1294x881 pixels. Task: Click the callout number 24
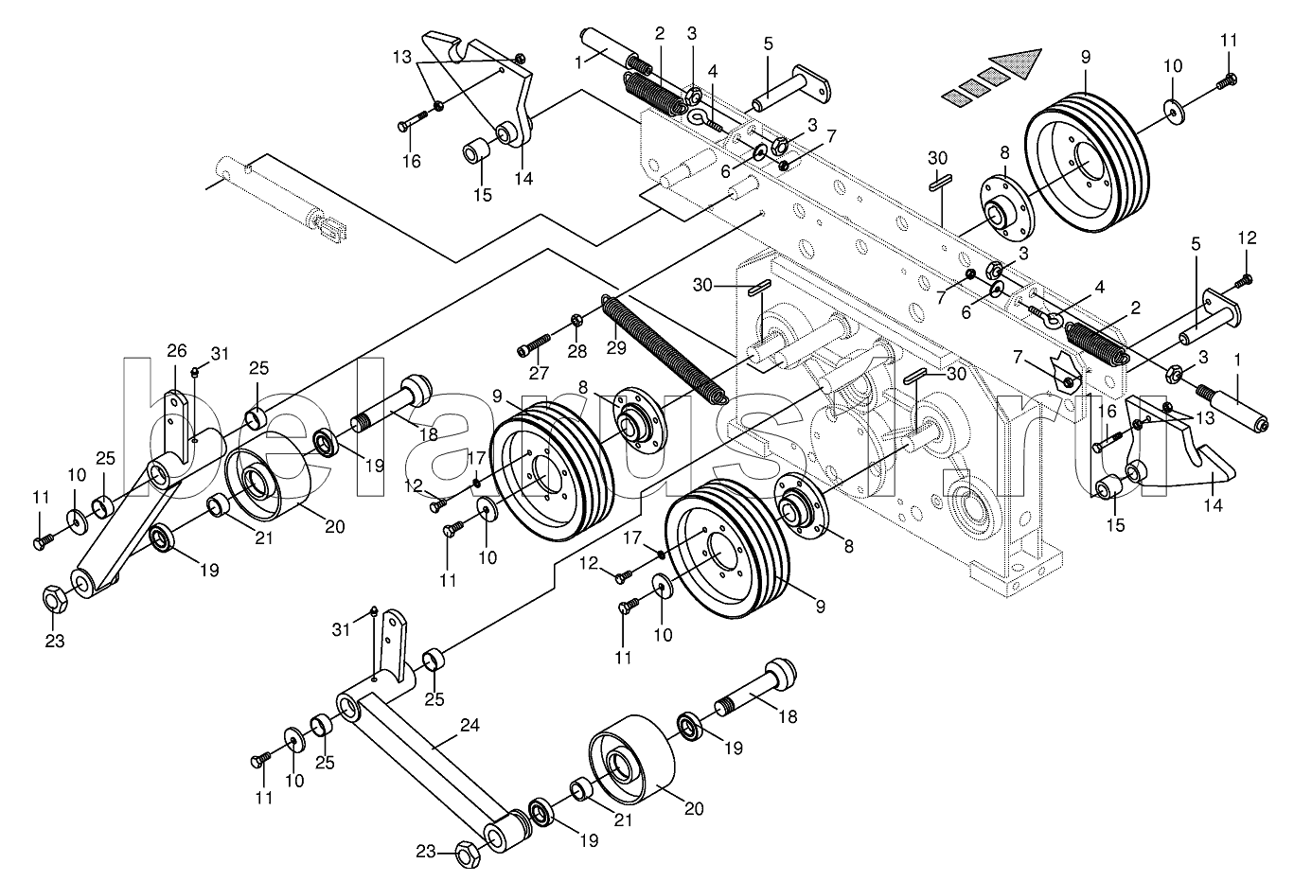[470, 725]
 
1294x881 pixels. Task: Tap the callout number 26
[177, 350]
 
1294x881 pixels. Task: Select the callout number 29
[616, 348]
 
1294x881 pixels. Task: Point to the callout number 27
[539, 374]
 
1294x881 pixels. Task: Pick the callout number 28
[577, 351]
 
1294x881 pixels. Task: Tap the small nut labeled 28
[576, 321]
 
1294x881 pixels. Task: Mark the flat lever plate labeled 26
[177, 424]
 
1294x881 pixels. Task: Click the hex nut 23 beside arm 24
[468, 855]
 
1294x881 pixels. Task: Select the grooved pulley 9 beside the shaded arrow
[1087, 162]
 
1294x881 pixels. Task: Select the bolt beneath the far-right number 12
[1243, 282]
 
